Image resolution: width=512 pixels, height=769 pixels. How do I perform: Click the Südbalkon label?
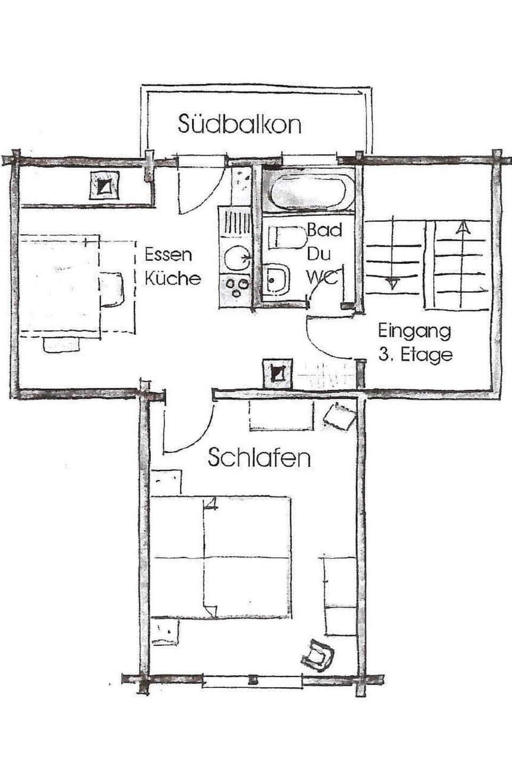pos(239,124)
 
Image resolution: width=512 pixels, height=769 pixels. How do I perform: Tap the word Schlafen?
pos(259,458)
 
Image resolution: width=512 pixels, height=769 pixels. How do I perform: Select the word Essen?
pos(168,254)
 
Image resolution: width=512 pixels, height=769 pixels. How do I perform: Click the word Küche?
pos(173,278)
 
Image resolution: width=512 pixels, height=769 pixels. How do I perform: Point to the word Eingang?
pos(414,331)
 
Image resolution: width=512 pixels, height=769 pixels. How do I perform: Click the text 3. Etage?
pos(415,355)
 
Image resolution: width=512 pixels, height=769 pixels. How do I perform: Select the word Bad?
pos(324,230)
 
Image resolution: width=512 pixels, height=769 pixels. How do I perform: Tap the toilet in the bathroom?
pos(286,237)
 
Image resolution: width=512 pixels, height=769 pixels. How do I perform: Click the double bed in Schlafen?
pos(221,558)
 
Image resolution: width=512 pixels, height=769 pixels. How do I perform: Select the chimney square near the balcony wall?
pos(104,186)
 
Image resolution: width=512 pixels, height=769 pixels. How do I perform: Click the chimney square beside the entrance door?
pos(277,372)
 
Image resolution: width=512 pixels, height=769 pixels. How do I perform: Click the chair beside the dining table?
pos(113,289)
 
